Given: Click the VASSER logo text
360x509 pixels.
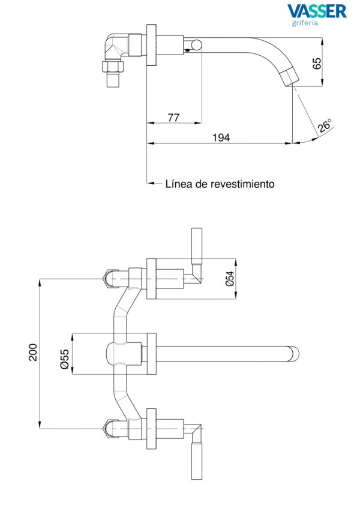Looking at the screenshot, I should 317,11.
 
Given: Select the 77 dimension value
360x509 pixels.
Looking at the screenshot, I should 173,118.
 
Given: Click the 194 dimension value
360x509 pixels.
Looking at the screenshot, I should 221,138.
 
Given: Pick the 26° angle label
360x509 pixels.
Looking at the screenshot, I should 325,126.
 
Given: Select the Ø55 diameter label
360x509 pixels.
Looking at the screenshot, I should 64,359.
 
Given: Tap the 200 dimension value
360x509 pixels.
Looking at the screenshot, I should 33,353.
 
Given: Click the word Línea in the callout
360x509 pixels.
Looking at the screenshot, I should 179,184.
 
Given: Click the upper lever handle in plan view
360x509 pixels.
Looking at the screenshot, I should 197,246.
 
